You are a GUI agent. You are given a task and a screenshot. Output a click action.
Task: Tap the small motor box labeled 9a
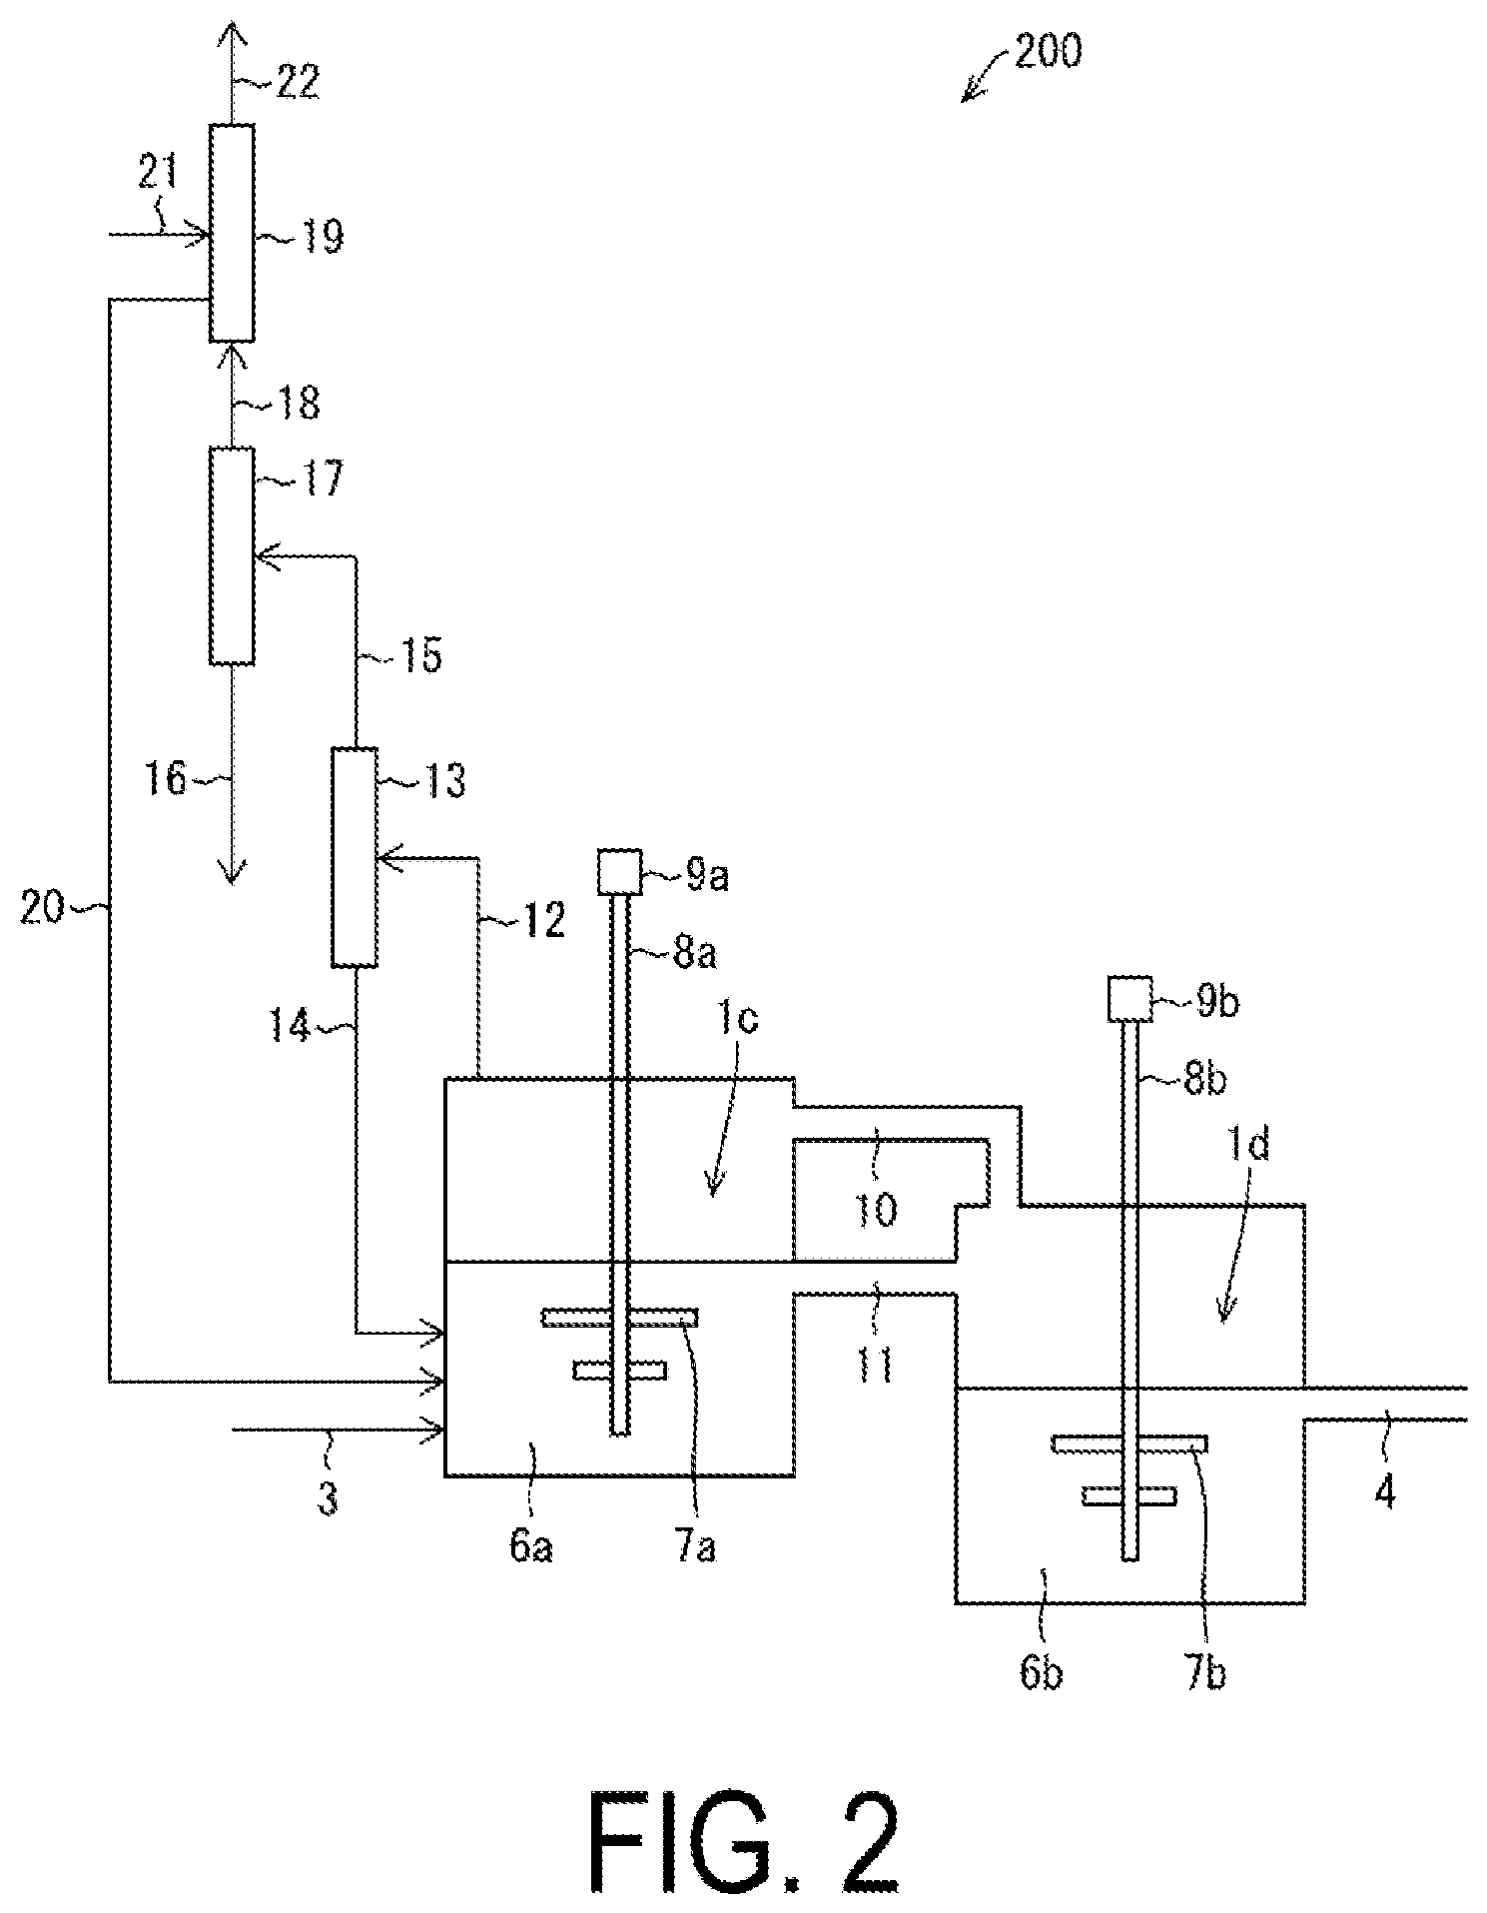coord(619,871)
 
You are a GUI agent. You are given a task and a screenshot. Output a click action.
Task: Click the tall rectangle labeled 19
coord(232,233)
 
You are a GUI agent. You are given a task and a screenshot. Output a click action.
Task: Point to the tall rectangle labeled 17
coord(232,555)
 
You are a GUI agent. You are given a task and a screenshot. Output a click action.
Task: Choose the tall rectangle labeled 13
coord(355,857)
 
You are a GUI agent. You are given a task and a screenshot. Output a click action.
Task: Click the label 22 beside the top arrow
coord(297,81)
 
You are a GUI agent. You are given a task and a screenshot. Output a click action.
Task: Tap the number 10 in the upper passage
coord(875,1211)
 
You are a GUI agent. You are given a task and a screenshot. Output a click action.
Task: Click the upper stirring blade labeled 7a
coord(619,1319)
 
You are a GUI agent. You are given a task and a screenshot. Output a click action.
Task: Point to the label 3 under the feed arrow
coord(329,1498)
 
